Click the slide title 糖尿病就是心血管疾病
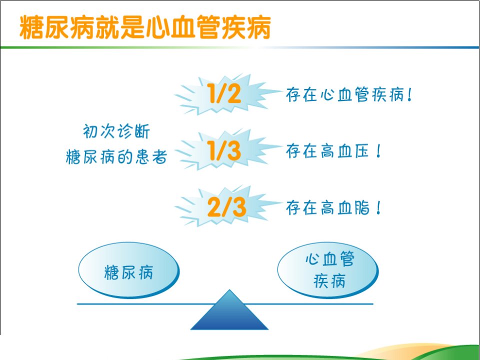coord(145,27)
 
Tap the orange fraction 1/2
coord(224,93)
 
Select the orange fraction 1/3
coord(224,150)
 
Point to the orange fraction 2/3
coord(226,207)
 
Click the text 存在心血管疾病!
coord(349,94)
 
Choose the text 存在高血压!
coord(333,151)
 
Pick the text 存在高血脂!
coord(333,208)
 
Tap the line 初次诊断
coord(116,131)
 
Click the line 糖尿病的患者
coord(116,157)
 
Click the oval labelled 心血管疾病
coord(328,270)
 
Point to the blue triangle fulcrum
coord(229,310)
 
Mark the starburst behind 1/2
coord(228,94)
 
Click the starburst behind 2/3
coord(228,206)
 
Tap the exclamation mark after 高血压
coord(379,151)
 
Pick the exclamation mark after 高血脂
coord(379,208)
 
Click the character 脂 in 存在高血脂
coord(362,208)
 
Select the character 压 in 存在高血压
coord(362,151)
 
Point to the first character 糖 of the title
coord(31,27)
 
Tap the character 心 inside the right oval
coord(312,258)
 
